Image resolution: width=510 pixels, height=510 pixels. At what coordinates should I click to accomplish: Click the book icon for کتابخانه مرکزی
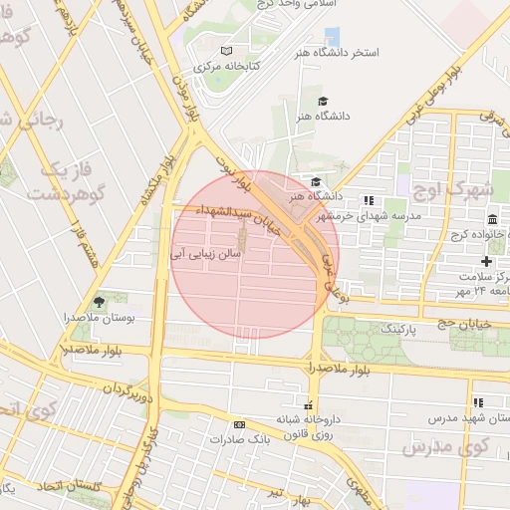(226, 51)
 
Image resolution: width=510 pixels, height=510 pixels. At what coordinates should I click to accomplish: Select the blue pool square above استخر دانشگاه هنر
(332, 37)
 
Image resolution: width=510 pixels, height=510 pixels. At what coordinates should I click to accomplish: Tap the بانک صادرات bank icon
(238, 423)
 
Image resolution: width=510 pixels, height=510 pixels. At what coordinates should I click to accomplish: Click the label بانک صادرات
(238, 438)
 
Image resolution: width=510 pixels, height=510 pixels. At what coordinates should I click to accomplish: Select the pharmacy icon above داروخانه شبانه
(309, 404)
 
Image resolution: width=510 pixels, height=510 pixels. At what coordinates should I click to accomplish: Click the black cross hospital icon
(486, 260)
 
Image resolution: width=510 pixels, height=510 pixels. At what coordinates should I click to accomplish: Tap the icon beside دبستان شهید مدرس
(478, 402)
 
